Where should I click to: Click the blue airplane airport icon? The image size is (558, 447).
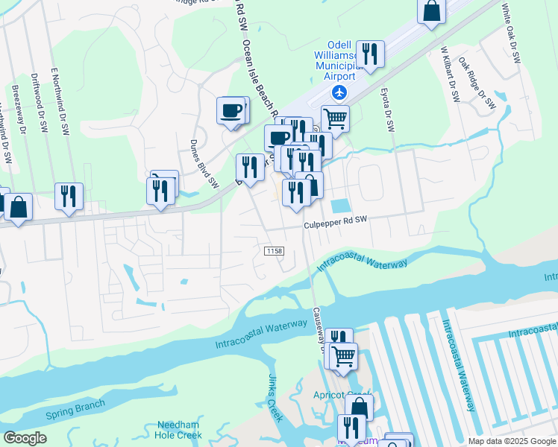(339, 92)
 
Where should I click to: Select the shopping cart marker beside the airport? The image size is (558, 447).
(336, 118)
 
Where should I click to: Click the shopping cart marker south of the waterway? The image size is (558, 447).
(343, 356)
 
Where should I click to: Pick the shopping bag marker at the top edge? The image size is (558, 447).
(432, 10)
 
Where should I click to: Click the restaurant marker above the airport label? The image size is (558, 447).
(369, 53)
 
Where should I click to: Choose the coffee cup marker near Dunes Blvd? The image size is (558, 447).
(231, 111)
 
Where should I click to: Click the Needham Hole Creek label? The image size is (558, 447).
(179, 430)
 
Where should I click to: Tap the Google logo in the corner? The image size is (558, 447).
(25, 438)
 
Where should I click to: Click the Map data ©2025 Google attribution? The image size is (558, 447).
(512, 441)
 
